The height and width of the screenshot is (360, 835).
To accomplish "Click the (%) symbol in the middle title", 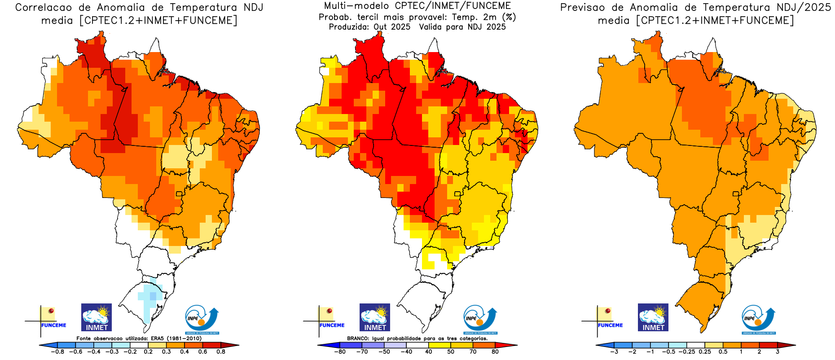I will click(509, 17).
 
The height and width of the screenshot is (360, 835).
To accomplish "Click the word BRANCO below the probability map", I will click(357, 338).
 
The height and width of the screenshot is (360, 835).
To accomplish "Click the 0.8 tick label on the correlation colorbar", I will click(220, 352).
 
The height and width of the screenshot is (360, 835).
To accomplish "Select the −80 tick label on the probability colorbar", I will click(340, 352).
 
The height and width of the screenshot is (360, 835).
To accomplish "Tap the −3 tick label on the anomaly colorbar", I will click(614, 352).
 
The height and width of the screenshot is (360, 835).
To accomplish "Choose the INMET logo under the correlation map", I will click(97, 317).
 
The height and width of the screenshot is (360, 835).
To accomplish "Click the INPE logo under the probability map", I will click(480, 320).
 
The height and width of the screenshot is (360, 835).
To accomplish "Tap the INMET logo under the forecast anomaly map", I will click(653, 317).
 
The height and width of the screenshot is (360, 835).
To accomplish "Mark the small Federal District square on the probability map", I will click(457, 194).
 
